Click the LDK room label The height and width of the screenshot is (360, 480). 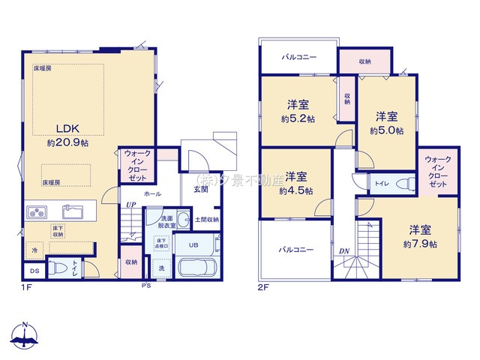[64, 127]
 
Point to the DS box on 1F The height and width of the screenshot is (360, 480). [34, 271]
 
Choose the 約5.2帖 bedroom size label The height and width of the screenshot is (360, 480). [298, 118]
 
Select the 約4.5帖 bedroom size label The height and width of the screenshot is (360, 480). [295, 190]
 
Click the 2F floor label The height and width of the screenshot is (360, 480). [263, 286]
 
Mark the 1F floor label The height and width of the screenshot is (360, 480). [27, 286]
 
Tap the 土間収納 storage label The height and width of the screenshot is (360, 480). [207, 220]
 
